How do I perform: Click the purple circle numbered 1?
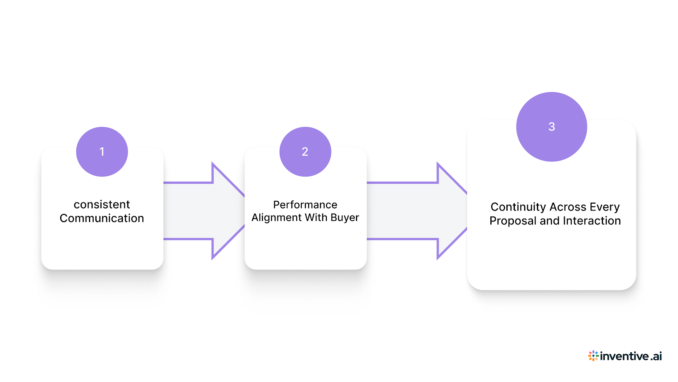coord(102,152)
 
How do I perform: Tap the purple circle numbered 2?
coord(305,152)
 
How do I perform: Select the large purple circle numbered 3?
coord(551,126)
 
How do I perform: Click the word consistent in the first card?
coord(102,205)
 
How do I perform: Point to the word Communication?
coord(102,218)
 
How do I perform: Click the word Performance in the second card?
coord(305,205)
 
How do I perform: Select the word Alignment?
coord(277,218)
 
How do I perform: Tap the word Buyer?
coord(345,218)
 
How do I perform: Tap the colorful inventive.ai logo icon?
coord(593,356)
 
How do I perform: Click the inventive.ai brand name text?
coord(631,356)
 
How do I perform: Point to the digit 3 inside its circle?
coord(551,126)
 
